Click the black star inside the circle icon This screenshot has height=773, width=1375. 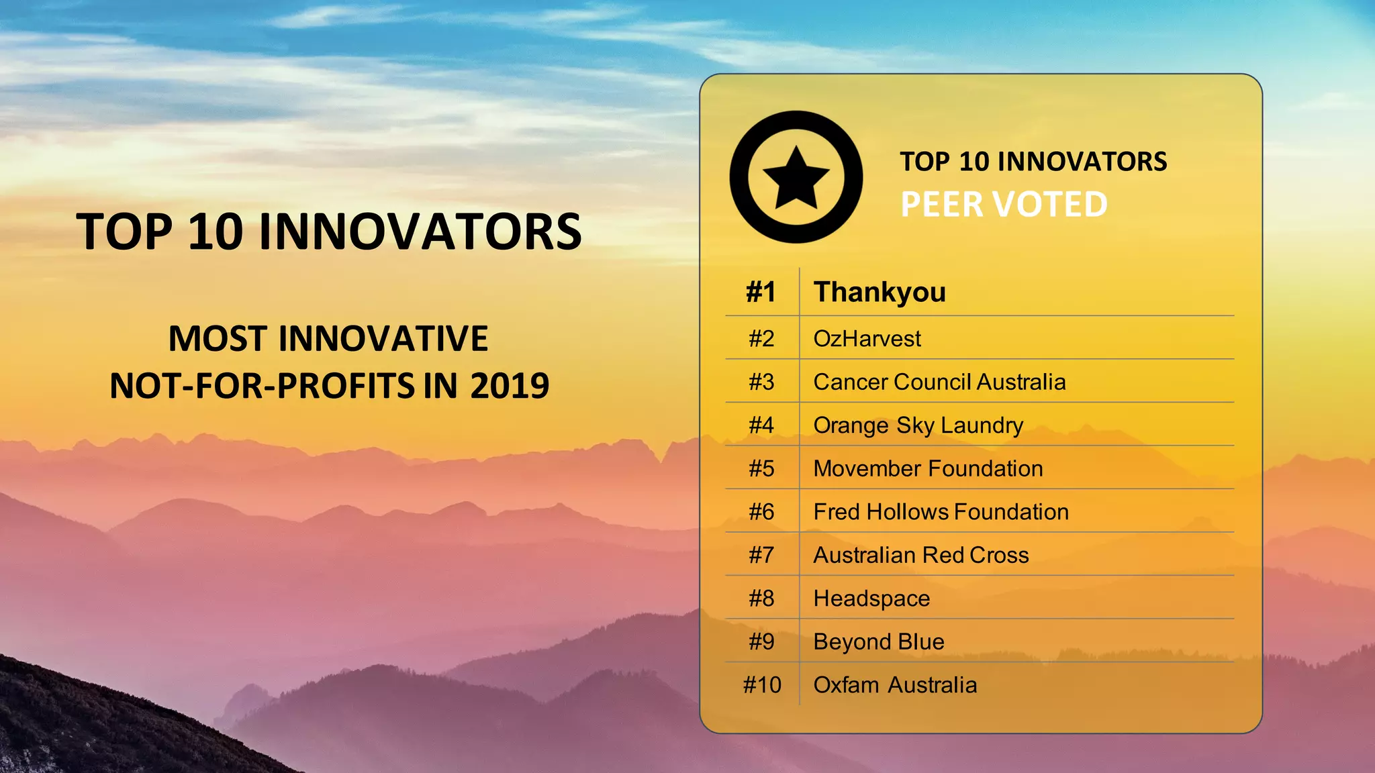pos(796,178)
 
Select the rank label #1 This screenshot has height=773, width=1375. pos(761,292)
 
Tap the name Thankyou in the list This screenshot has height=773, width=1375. pos(880,292)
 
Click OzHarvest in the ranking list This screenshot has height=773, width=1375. pos(867,339)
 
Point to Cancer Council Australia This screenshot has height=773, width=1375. pos(939,382)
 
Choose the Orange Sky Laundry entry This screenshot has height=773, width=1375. pos(918,425)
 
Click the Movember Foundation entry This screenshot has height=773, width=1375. pos(928,468)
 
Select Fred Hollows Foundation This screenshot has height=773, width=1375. pos(941,512)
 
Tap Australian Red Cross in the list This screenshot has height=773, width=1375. pos(920,555)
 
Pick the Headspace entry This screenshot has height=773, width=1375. pos(871,599)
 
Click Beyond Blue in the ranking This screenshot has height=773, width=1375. pos(879,641)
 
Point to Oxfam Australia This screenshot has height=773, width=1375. pos(895,685)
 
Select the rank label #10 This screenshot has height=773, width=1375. pos(762,685)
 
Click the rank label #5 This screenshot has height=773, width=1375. pos(761,468)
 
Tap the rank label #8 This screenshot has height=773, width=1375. pos(761,599)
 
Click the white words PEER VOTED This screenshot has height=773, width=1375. pos(1004,205)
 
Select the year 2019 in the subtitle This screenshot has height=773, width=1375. pos(510,386)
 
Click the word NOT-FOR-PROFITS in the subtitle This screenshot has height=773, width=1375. pos(263,386)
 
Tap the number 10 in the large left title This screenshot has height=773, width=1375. pos(215,232)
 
